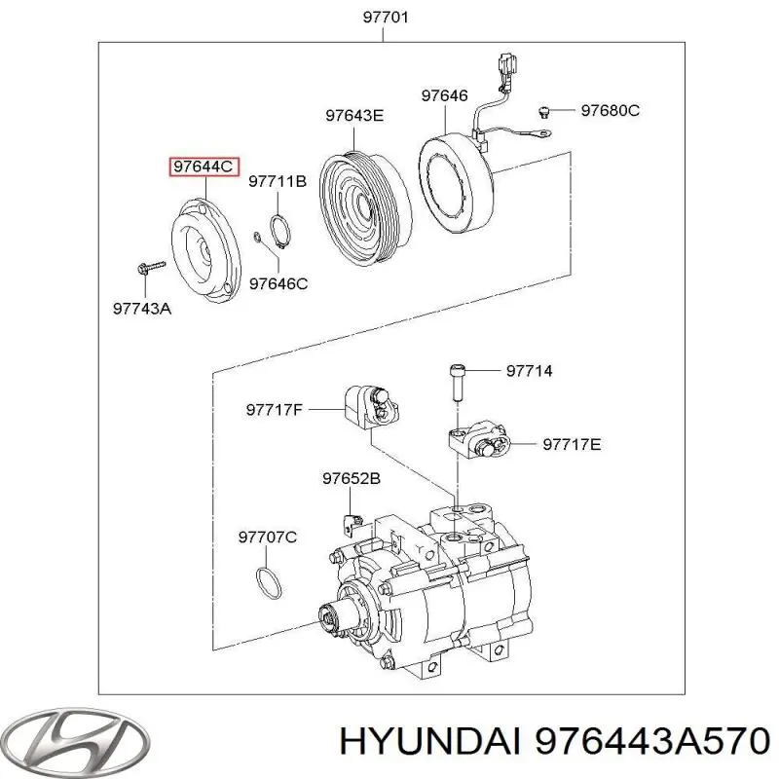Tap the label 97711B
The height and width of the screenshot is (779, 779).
pos(278,181)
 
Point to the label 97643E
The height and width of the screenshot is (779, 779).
pos(354,116)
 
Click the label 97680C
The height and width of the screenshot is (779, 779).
pos(610,110)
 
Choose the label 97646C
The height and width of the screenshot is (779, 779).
pos(278,283)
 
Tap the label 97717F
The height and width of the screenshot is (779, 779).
pos(275,410)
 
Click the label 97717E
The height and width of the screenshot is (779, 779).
pos(572,444)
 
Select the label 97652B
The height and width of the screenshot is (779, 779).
pos(351,478)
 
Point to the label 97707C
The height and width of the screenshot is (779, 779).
pos(268,537)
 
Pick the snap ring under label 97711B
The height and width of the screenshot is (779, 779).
pos(278,230)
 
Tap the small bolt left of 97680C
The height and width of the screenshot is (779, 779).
pos(547,109)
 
